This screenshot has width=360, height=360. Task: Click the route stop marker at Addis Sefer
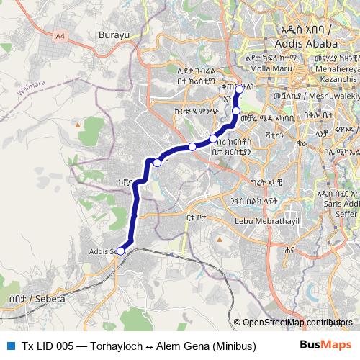(x=121, y=251)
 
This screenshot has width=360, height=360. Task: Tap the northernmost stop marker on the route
(x=240, y=90)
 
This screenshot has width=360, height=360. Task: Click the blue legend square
(x=9, y=346)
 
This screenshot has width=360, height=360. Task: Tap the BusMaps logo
(x=325, y=345)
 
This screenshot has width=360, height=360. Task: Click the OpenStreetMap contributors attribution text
(x=297, y=322)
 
